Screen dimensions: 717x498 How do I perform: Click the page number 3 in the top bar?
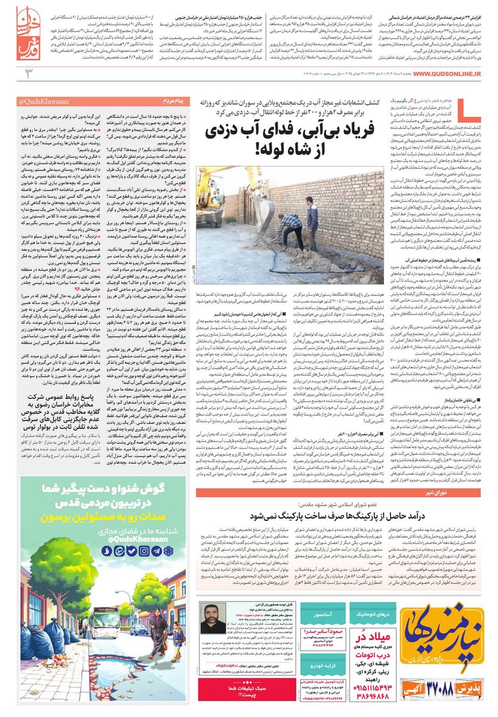27,73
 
